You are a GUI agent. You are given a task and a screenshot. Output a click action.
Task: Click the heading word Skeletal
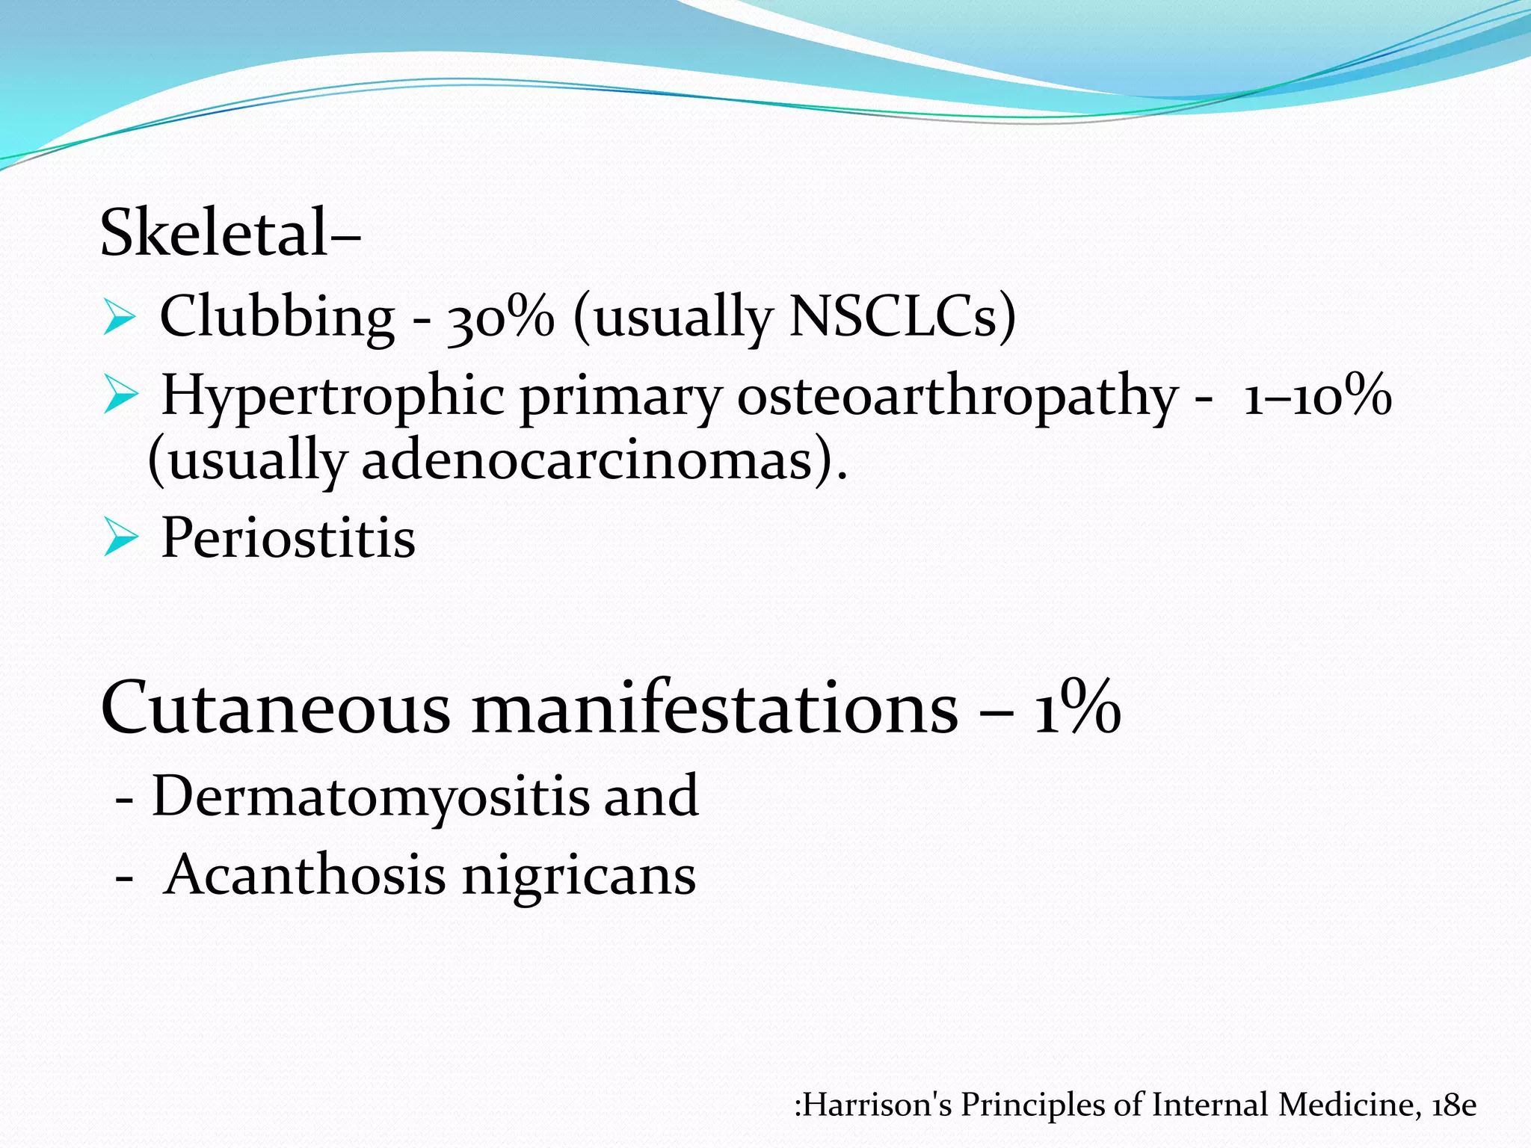(x=214, y=232)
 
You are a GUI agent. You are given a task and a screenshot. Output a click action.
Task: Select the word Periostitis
(x=288, y=537)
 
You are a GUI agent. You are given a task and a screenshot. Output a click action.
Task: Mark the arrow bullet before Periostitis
(x=120, y=537)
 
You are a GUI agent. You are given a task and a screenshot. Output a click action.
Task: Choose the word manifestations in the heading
(x=715, y=708)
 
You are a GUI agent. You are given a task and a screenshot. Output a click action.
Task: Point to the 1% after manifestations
(x=1077, y=708)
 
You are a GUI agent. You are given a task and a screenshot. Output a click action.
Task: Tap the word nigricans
(x=579, y=876)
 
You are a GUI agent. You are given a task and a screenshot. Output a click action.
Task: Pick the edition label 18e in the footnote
(x=1454, y=1105)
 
